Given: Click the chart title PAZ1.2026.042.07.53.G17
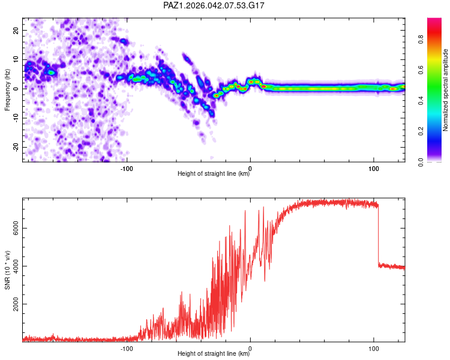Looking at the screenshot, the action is pos(214,5).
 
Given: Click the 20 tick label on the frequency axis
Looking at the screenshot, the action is pos(16,30).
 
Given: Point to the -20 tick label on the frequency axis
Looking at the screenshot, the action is pos(16,147).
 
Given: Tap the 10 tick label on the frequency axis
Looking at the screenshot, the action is pos(16,59).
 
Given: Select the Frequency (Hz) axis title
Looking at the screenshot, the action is pos(7,90).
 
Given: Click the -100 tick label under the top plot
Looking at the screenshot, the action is pos(126,169).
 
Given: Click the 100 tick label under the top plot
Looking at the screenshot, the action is pos(373,169).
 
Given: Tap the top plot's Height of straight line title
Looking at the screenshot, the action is pos(214,173).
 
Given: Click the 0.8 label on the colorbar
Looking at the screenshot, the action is pos(421,40).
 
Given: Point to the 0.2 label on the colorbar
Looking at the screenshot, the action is pos(421,131).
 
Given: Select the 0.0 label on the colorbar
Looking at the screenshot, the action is pos(421,162).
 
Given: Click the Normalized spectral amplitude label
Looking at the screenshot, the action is pos(445,90).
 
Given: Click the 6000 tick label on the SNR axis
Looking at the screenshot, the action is pos(16,228).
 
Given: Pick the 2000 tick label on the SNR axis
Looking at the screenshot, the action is pos(16,304).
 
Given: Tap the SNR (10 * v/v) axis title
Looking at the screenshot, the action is pos(7,270).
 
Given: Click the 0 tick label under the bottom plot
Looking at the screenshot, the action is pos(250,349).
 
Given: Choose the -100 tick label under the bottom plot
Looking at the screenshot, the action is pos(126,349).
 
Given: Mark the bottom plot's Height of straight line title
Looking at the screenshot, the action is pos(214,353).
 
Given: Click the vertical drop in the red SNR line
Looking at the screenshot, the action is pos(378,235).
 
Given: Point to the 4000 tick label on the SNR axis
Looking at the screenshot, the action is pos(16,266).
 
